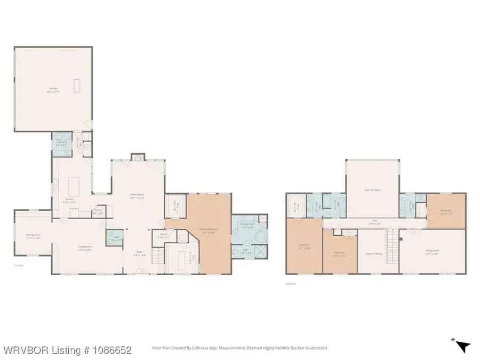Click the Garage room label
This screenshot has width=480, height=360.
coord(53,90)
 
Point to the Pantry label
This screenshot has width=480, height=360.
coord(98,211)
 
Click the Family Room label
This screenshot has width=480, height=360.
coord(138,196)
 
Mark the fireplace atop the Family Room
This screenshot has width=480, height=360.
coord(138,157)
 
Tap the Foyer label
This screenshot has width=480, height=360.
coord(139,255)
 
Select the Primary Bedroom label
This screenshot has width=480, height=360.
coord(207,231)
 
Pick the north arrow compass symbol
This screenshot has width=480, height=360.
coord(462,347)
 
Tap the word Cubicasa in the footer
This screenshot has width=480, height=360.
coord(213,348)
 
